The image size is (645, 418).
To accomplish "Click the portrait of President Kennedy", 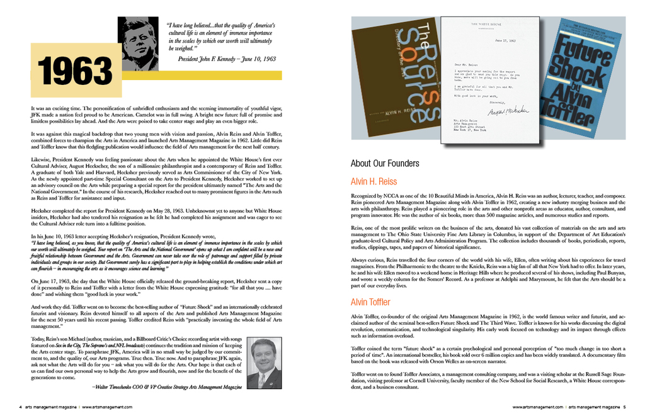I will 138,43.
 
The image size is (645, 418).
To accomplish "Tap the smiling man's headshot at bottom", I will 263,363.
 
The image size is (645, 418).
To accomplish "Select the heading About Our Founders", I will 384,164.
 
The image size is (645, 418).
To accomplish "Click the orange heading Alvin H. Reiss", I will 374,182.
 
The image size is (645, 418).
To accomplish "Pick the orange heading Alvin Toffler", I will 372,302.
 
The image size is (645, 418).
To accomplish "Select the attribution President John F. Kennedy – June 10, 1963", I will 227,59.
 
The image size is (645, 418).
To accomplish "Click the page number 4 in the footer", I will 20,407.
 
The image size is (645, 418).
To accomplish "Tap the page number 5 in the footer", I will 624,407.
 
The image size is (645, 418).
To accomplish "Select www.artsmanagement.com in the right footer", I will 537,407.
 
